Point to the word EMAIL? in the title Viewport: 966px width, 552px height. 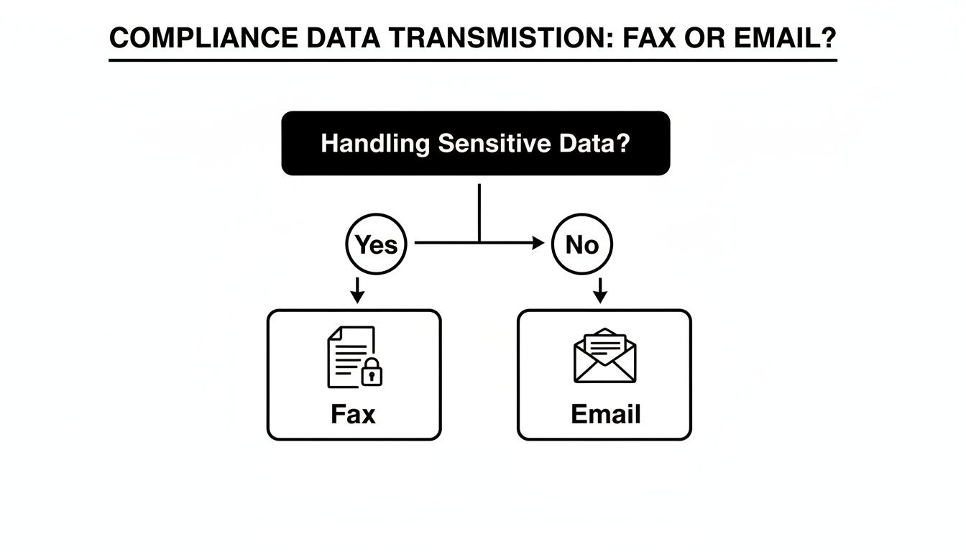(786, 39)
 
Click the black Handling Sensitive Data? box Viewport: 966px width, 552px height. (475, 143)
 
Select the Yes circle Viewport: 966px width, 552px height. (377, 244)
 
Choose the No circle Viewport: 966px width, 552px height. (582, 244)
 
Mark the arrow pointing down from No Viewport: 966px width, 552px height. (602, 291)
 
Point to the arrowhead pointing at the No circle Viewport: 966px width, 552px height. (538, 244)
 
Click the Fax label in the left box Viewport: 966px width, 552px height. (353, 414)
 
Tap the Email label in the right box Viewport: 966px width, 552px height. (605, 414)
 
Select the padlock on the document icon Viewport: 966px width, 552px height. (372, 372)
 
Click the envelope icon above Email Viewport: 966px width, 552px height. (605, 356)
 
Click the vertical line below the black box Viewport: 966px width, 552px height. (479, 212)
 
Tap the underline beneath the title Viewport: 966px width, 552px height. (473, 60)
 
